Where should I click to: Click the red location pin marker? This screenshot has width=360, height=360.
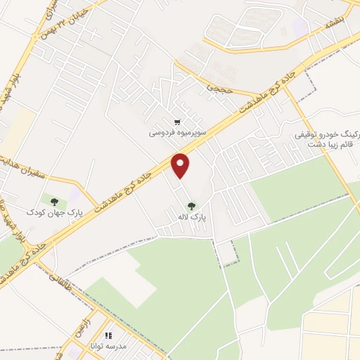coord(181,165)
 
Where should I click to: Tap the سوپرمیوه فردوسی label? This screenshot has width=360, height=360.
coord(176,131)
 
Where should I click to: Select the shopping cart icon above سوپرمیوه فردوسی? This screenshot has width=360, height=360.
coord(177,120)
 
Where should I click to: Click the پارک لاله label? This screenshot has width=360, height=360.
coord(190,218)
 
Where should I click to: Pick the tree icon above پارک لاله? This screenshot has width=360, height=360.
coord(191,206)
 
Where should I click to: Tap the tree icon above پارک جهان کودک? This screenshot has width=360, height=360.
coord(55,200)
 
